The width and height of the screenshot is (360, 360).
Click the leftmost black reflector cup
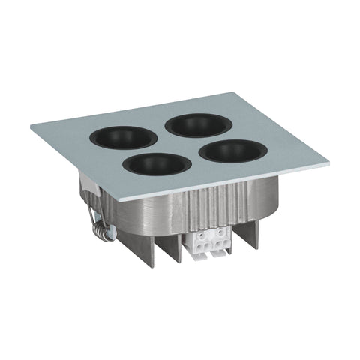click(x=124, y=137)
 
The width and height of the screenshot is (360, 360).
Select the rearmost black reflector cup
click(x=198, y=124)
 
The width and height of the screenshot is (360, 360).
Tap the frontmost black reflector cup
click(x=155, y=164)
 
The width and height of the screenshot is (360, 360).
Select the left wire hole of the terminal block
click(x=201, y=241)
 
